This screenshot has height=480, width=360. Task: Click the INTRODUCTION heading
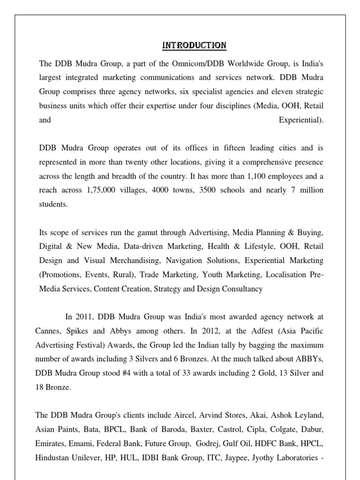tap(194, 45)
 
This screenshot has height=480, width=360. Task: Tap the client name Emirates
tap(51, 443)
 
